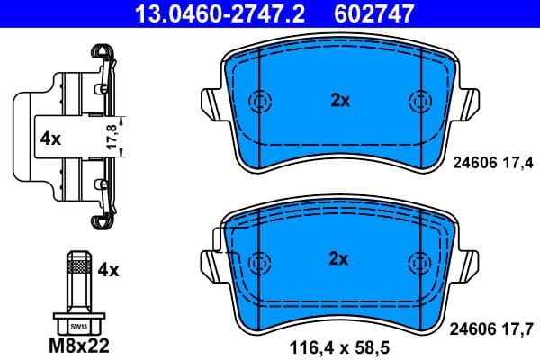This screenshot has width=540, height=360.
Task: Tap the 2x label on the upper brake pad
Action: (338, 101)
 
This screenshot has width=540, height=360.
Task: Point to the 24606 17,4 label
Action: (490, 162)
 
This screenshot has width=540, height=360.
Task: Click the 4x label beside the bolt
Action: (108, 268)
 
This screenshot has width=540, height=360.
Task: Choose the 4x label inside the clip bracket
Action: (50, 139)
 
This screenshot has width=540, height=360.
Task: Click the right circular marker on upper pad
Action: (418, 101)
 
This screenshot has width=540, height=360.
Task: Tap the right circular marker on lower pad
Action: (418, 262)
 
